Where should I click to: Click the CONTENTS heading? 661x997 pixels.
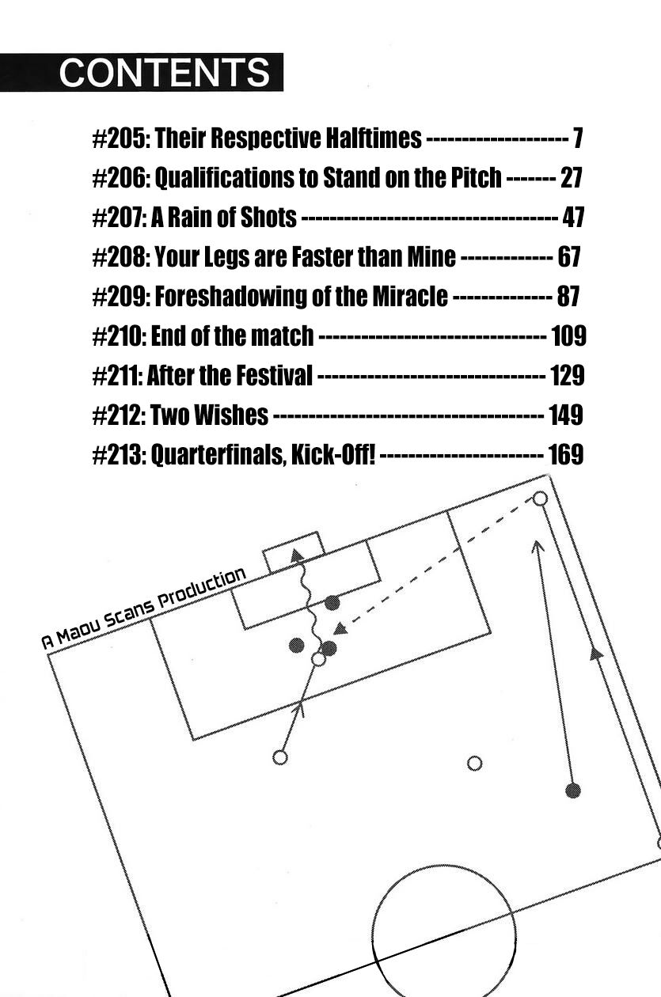pos(164,73)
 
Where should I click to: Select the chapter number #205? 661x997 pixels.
pos(120,138)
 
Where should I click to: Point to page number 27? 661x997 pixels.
pos(571,178)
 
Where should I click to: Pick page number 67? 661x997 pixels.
pos(568,257)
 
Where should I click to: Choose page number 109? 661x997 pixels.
pos(568,336)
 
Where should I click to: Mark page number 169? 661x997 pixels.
pos(565,455)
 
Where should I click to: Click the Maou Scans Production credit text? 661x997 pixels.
pos(143,608)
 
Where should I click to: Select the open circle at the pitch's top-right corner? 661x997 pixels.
pos(540,498)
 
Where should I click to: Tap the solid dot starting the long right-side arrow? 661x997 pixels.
pos(573,790)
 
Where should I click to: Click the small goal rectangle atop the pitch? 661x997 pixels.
pos(294,552)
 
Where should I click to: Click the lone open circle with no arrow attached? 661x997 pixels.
pos(474,763)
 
